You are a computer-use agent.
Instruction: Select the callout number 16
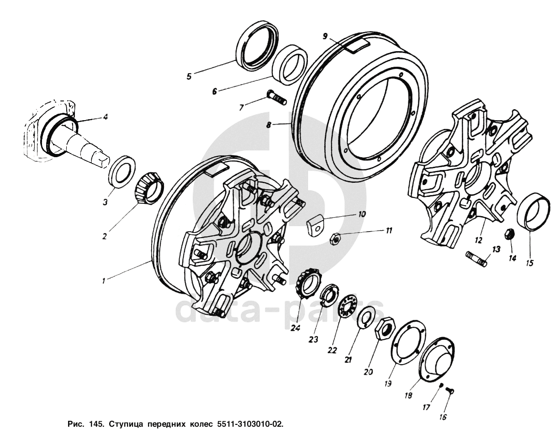443,417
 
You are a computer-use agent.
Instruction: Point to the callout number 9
325,35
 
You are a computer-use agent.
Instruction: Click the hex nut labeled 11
334,238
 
